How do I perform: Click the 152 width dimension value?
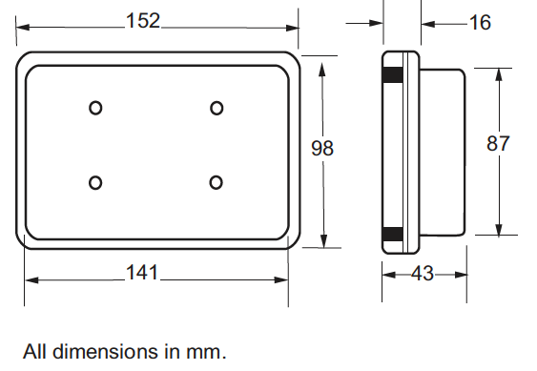pos(143,21)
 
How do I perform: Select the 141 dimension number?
pos(142,273)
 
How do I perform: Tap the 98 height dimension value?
pos(322,148)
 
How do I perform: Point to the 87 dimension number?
pos(498,143)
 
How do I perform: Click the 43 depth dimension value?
pos(423,274)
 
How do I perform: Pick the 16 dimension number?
pos(480,23)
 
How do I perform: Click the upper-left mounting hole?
pos(95,108)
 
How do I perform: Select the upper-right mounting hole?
pos(217,108)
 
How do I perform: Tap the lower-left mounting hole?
pos(95,182)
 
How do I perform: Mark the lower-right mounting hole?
pos(216,182)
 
